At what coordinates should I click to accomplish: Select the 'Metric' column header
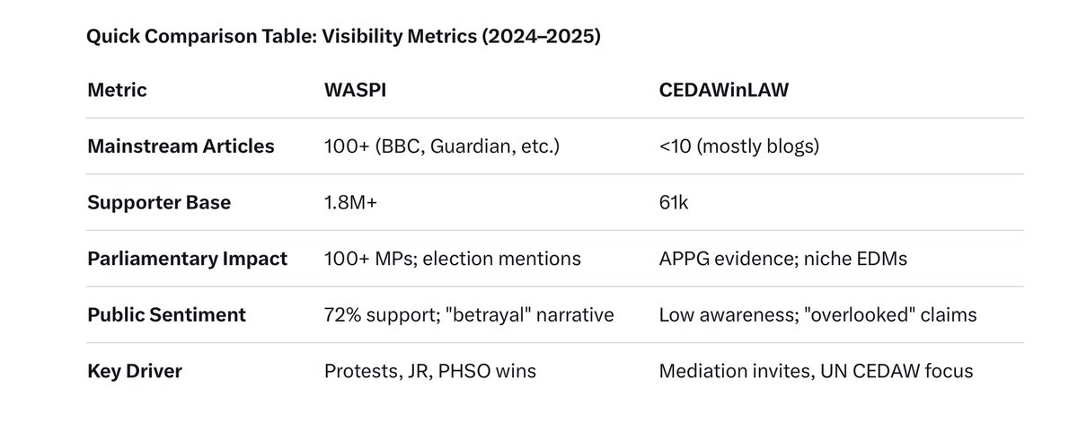(x=117, y=90)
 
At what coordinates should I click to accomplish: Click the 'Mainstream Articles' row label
(x=181, y=146)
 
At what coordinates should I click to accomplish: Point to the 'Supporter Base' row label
(x=159, y=202)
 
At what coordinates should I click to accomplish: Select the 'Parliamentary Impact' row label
(x=187, y=259)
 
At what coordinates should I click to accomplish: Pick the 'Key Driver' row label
(x=135, y=371)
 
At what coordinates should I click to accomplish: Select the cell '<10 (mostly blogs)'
(x=738, y=146)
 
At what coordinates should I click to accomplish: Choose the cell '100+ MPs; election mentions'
(x=452, y=259)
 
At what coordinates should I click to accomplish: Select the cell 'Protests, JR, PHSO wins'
(x=429, y=371)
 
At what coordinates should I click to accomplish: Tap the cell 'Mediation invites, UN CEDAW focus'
(x=816, y=371)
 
